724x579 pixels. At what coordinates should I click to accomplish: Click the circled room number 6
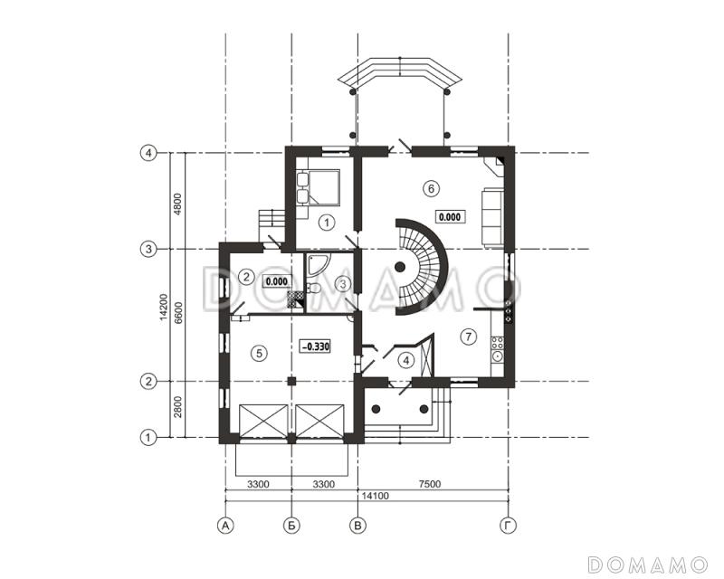[431, 188]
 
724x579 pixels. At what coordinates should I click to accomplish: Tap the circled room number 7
[468, 337]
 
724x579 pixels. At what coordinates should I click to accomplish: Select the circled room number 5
[259, 353]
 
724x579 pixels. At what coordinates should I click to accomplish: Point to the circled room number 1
[327, 223]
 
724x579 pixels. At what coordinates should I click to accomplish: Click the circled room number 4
[405, 360]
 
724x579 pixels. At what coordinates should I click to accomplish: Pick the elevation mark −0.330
[315, 346]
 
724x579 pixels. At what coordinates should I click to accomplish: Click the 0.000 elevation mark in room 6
[450, 216]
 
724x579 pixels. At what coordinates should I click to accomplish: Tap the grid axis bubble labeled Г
[508, 526]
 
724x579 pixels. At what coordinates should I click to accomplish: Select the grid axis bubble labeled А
[225, 526]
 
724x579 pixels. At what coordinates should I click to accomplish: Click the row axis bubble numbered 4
[148, 153]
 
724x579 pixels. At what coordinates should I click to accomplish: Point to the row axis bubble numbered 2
[148, 382]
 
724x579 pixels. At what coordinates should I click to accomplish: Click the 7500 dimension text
[429, 484]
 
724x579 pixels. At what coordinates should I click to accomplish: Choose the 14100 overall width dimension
[375, 496]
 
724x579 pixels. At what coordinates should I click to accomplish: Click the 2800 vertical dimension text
[177, 407]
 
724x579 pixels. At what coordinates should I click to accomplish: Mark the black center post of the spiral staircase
[400, 266]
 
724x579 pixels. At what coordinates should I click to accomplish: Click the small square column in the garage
[291, 381]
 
